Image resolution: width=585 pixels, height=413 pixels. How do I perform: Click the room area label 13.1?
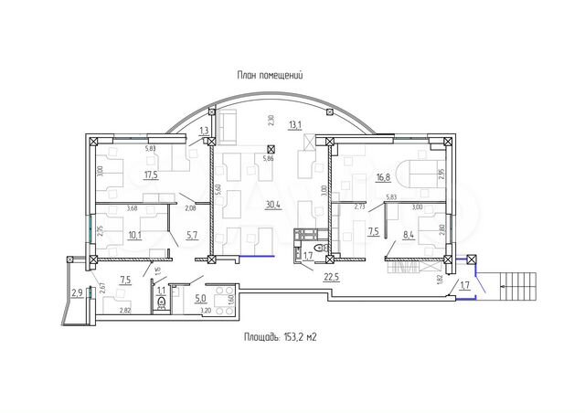(x=293, y=125)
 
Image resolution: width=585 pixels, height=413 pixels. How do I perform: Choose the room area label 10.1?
(x=134, y=233)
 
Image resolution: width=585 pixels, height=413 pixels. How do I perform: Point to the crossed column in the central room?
(x=271, y=148)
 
